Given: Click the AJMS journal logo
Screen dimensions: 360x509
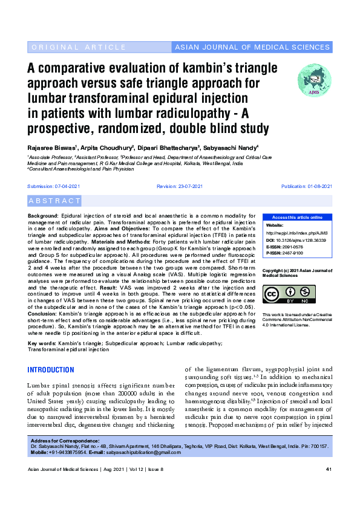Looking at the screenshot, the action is click(314, 79).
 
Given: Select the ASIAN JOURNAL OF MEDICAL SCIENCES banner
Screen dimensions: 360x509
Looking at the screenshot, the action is click(252, 47).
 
